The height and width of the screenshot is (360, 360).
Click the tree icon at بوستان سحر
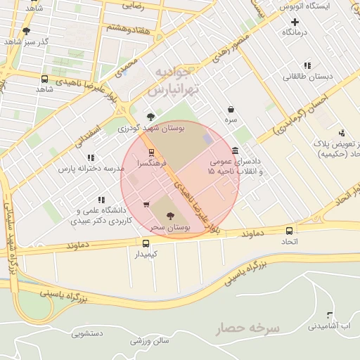coord(172,215)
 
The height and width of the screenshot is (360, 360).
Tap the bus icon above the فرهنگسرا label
coord(151,153)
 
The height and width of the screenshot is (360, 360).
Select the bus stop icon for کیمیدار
coord(146,244)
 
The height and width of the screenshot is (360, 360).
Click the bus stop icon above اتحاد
coord(289,231)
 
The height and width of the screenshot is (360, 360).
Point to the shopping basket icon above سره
coord(231,110)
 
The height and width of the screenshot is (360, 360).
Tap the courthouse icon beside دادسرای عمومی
coord(235,151)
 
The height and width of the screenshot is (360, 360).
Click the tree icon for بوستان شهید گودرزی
coord(150,117)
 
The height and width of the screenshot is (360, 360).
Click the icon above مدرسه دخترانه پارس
coord(90,158)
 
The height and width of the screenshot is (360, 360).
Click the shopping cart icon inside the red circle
coord(146,205)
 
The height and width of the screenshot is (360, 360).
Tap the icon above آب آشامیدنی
coord(330,315)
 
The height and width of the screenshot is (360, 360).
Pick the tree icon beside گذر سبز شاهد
coord(27,31)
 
